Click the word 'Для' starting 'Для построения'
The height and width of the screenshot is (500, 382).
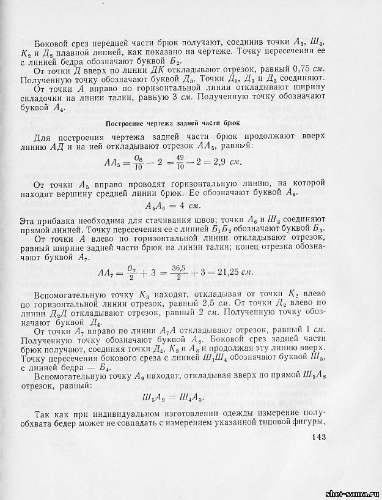click(45, 138)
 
